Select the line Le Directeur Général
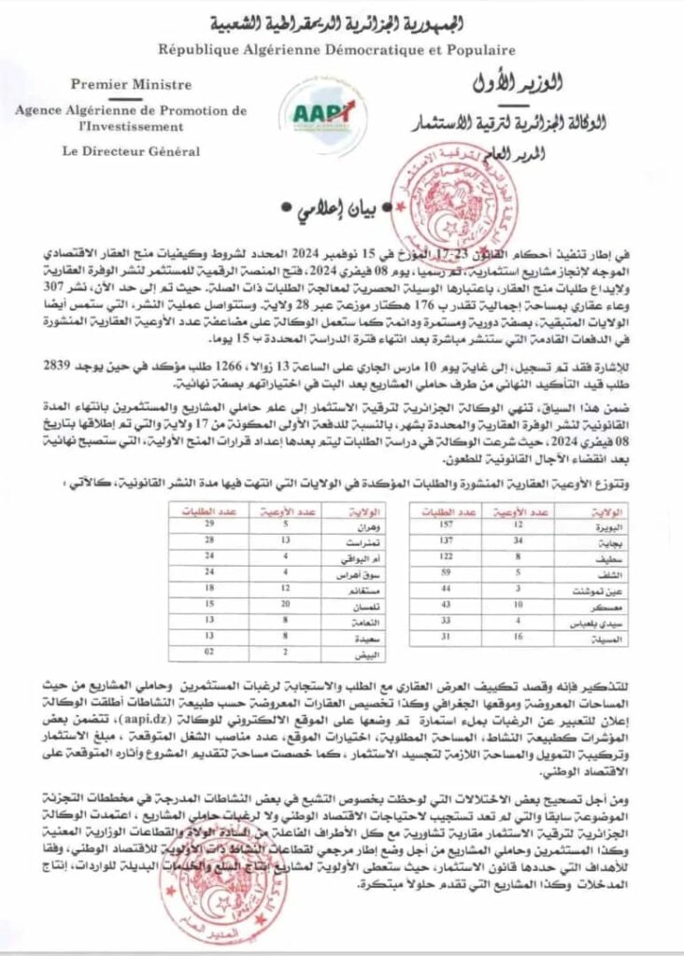tap(130, 150)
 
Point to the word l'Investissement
tap(130, 125)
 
